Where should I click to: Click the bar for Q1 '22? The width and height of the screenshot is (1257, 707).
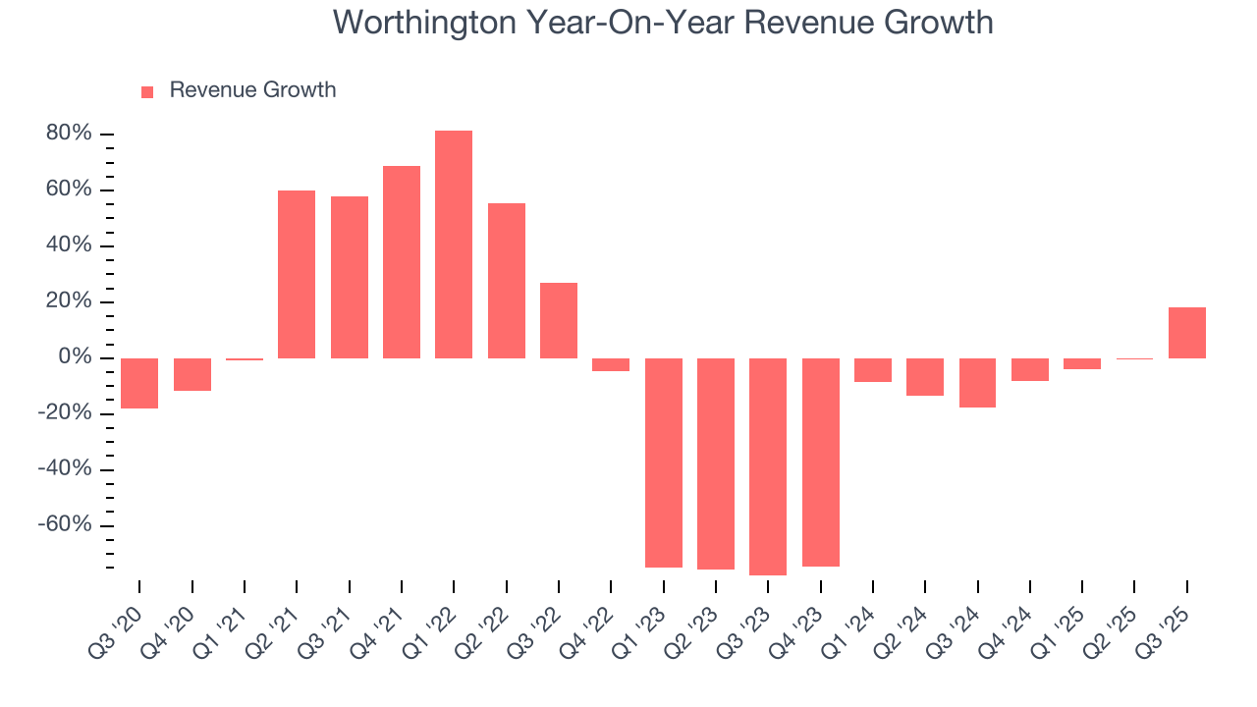pos(454,245)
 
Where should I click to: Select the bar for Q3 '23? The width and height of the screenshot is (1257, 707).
pos(768,466)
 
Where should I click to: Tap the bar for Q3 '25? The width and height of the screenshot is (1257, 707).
pos(1187,333)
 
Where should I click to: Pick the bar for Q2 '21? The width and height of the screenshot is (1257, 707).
pos(297,274)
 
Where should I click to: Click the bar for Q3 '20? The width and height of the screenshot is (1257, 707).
pos(139,383)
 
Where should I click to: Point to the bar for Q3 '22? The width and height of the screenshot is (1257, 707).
pos(559,320)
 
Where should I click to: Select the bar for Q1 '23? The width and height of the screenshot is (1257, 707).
pos(664,462)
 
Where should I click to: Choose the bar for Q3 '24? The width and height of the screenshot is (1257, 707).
pos(978,383)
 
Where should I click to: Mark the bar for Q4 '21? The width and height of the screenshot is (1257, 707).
pos(402,262)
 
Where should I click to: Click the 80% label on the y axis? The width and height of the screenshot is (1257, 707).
pos(69,134)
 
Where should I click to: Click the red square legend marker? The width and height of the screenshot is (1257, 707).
pos(147,91)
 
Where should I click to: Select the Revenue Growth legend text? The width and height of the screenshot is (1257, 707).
pos(252,90)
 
